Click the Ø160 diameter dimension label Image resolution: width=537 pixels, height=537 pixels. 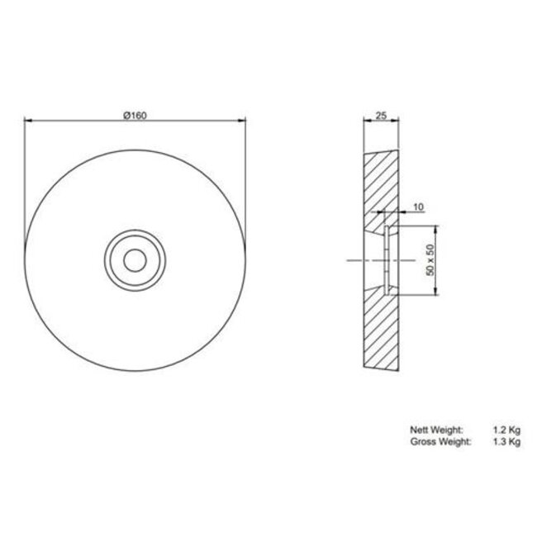click(134, 115)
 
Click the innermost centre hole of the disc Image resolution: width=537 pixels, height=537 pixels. click(134, 258)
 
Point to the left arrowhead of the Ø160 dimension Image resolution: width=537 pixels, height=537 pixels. click(27, 121)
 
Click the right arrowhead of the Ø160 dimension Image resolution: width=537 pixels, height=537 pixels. click(243, 121)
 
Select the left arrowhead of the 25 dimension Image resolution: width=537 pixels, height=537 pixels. click(365, 121)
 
